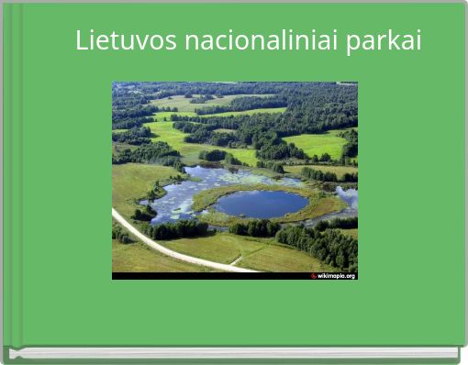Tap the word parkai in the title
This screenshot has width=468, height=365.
pos(384,41)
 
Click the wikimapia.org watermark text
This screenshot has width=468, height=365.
pos(336,275)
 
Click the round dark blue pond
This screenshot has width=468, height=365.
pos(262,203)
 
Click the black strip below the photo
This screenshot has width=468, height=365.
pos(211,275)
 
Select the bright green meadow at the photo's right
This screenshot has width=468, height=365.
pos(317,144)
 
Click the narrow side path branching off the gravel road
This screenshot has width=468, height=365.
pos(236,260)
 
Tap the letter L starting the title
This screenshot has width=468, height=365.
pos(82,41)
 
